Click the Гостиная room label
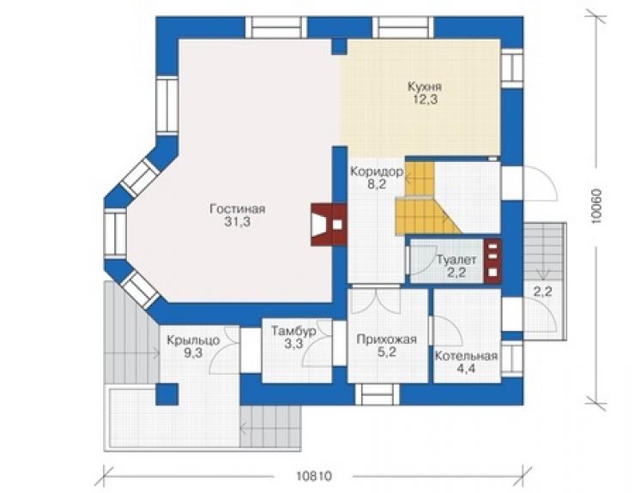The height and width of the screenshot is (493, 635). tap(238, 209)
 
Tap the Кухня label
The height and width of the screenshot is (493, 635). tap(425, 87)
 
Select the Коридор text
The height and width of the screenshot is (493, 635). tap(377, 172)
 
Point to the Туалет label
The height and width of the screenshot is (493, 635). tap(457, 260)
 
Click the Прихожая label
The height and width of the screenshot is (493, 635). tap(387, 340)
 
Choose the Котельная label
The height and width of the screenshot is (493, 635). tap(466, 356)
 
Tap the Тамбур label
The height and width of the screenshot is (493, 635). tap(293, 331)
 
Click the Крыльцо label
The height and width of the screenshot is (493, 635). tap(194, 340)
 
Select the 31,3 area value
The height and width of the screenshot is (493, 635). tap(238, 222)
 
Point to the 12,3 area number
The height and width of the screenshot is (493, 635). tap(425, 99)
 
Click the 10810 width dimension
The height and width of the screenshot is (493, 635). tap(314, 477)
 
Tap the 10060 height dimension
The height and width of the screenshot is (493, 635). tap(596, 207)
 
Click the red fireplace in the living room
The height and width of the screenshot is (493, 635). tap(329, 225)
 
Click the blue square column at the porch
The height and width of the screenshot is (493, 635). tap(167, 394)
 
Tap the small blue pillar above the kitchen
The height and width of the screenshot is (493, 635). tap(339, 46)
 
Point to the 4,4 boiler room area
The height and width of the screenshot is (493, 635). tap(466, 369)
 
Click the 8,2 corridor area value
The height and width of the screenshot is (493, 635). tap(377, 185)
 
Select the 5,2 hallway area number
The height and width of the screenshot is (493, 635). tap(387, 352)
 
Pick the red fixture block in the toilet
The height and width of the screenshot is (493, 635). tap(493, 261)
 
